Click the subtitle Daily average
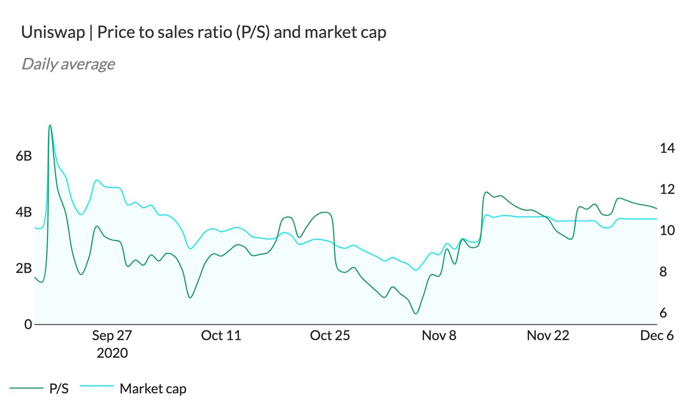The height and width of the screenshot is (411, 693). pos(68,64)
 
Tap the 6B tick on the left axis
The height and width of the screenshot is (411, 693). pos(24,155)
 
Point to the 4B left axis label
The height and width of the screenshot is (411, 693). pos(24,211)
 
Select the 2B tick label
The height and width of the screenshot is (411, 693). pos(24,268)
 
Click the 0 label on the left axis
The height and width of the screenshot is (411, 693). pos(28,324)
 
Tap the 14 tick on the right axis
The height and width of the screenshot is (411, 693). pos(667,148)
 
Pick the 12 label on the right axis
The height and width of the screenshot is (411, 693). pos(667,189)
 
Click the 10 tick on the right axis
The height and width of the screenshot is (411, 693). pos(667,230)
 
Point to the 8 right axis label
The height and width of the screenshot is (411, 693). pos(663,272)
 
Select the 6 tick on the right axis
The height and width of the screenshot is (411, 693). pos(663,313)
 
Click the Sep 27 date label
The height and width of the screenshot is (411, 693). pos(112,335)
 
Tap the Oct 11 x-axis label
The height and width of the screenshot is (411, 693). pos(221,335)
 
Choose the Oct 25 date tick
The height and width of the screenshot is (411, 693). pos(330,335)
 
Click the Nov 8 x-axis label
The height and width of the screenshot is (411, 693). pos(439,335)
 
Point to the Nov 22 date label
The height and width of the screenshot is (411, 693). pos(548,335)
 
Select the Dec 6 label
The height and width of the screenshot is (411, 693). pos(657,335)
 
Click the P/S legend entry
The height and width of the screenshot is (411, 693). pos(59,389)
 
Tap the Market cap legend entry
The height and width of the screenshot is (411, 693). pos(153,389)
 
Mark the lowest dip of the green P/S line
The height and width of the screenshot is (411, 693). pos(416,314)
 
